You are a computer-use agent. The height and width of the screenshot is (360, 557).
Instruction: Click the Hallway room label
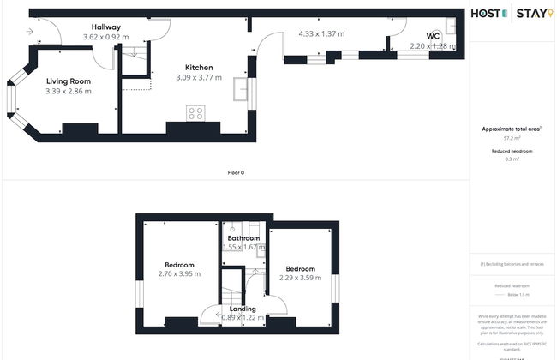point(106,27)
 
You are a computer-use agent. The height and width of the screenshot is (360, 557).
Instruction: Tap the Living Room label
point(68,81)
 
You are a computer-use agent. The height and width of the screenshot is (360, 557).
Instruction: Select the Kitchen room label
point(199,68)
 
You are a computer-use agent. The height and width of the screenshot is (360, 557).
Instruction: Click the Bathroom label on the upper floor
point(244,237)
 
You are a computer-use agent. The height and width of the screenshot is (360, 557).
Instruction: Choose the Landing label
point(243,308)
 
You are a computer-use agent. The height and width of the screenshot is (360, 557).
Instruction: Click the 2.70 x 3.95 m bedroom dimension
point(179,274)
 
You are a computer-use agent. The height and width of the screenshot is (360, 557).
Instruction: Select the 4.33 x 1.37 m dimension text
point(321,33)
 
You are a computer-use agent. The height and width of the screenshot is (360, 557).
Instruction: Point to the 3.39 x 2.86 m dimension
point(68,91)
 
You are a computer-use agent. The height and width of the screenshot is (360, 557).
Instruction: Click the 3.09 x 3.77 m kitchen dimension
point(198,78)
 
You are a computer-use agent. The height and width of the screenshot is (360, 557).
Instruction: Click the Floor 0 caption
point(236,173)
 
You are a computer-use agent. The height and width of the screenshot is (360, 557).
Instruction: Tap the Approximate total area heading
point(512,129)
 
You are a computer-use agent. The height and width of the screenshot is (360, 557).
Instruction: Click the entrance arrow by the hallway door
point(31,32)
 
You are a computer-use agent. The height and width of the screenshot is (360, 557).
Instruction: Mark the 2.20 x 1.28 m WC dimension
point(430,46)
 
